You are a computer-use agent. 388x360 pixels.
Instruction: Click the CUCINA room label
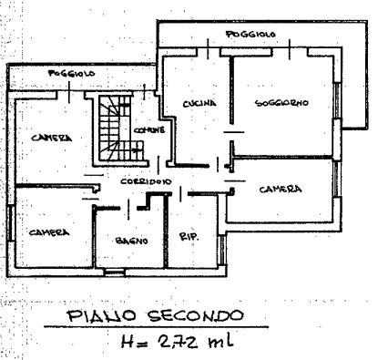pos(199,103)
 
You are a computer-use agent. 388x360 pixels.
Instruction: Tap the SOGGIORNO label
pos(281,103)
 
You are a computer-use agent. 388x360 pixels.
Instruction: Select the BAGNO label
pos(131,241)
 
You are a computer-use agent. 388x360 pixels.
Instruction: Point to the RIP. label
pos(189,236)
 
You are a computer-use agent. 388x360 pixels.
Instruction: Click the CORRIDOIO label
pos(146,181)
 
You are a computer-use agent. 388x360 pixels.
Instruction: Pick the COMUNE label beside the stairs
pos(149,130)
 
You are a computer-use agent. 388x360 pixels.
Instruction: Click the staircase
pos(120,129)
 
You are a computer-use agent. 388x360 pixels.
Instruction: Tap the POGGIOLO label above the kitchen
pos(250,34)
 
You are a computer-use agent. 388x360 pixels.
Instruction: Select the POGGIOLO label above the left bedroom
pos(72,73)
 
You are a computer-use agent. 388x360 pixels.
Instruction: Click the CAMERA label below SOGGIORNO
pos(281,190)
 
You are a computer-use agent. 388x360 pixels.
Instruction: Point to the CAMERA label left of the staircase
pos(52,138)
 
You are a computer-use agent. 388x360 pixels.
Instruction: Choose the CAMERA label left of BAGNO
pos(49,232)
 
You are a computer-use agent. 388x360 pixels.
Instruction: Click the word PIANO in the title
pos(101,315)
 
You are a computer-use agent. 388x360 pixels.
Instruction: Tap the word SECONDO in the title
pos(196,315)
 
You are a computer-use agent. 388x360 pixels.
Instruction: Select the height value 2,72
pos(179,342)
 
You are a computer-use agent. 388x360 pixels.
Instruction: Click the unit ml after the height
pos(220,341)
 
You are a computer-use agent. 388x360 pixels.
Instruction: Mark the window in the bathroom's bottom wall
pos(115,272)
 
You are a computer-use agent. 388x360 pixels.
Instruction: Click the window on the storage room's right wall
pos(222,250)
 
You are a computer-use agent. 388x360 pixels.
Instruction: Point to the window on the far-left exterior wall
pos(11,223)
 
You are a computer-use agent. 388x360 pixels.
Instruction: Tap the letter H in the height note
pos(127,342)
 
